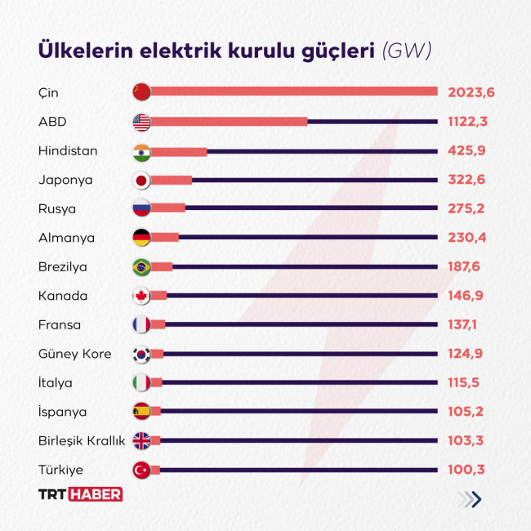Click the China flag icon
pos(142,92)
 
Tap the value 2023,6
pos(471,92)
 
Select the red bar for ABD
pos(229,122)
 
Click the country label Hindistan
pos(68,151)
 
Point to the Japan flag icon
pos(142,180)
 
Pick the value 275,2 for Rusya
pos(466,208)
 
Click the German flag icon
pos(142,238)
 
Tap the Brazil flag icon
pos(142,267)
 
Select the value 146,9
pos(466,296)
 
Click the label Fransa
pos(60,325)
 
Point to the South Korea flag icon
pos(142,354)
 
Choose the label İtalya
pos(56,383)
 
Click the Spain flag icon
pos(142,412)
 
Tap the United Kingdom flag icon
pos(142,441)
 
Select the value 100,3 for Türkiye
pos(466,470)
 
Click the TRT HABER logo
pos(81,494)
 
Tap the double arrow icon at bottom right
pos(470,499)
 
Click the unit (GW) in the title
pos(407,51)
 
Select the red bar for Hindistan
pos(179,151)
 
